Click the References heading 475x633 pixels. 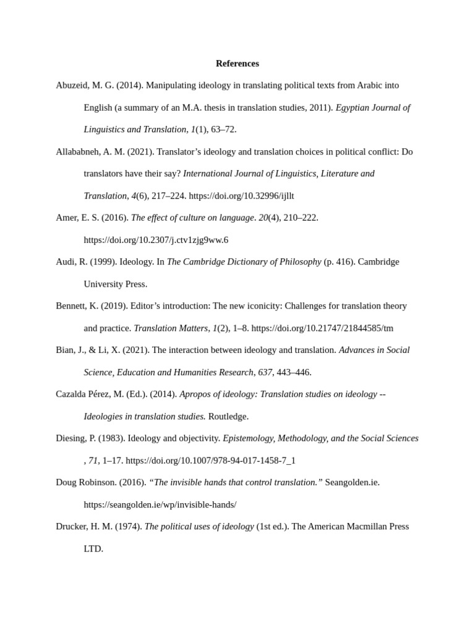(x=237, y=64)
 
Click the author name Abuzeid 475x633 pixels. (x=73, y=85)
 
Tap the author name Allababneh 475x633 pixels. (x=79, y=151)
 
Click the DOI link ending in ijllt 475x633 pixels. (x=241, y=196)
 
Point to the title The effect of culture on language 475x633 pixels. (x=192, y=218)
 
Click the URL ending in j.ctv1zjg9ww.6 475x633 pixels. (x=156, y=240)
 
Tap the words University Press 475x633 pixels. (x=115, y=284)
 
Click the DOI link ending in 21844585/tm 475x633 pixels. (x=322, y=328)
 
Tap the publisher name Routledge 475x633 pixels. (x=228, y=417)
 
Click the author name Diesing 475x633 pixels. (x=72, y=438)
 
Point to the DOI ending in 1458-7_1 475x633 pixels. (x=210, y=461)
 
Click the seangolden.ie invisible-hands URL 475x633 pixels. (x=160, y=505)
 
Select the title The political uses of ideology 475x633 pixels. (x=199, y=527)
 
